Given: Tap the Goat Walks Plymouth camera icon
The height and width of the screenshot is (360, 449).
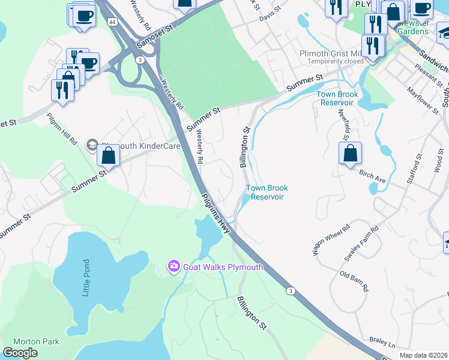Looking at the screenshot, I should [x=174, y=266].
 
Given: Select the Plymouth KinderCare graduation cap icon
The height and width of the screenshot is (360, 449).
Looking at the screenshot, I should [x=91, y=144].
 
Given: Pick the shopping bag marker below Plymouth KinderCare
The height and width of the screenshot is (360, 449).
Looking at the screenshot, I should [x=108, y=156].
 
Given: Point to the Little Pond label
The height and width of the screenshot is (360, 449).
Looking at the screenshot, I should [x=86, y=278].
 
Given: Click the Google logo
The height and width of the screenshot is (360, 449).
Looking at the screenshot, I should [x=20, y=353].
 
